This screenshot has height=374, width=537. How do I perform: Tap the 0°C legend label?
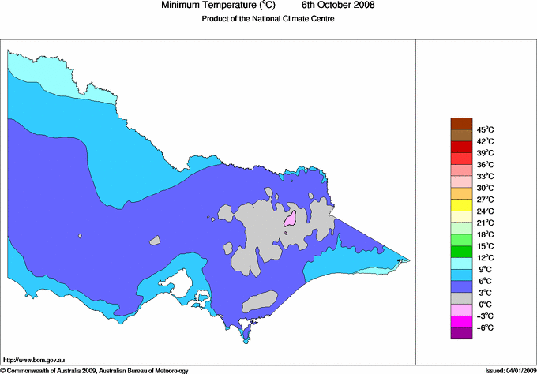[484, 304]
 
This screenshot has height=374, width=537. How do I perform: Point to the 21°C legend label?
[484, 223]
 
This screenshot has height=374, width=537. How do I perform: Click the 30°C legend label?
[484, 188]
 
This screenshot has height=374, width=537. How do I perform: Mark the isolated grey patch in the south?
[260, 301]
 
